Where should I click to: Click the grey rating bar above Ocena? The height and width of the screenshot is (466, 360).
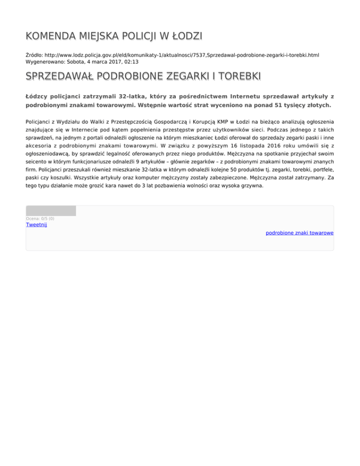51,211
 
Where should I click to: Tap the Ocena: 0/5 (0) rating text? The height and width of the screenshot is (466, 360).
40,218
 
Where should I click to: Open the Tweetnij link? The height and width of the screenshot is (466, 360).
36,225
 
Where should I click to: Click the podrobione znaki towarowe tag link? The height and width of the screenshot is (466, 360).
299,233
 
